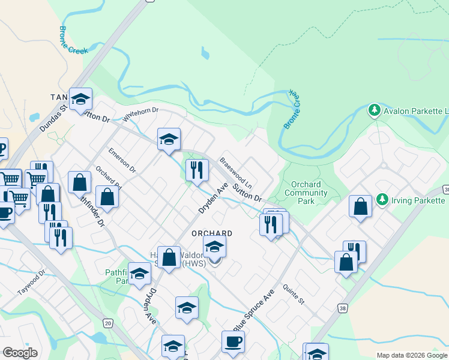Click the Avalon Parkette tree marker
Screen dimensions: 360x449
pyautogui.click(x=375, y=110)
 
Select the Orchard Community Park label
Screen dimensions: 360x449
pyautogui.click(x=306, y=193)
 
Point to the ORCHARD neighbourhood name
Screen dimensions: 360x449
pyautogui.click(x=211, y=233)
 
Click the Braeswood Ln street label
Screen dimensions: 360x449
pyautogui.click(x=235, y=172)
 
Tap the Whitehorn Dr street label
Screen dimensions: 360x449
pyautogui.click(x=140, y=114)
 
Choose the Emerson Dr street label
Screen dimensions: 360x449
pyautogui.click(x=122, y=161)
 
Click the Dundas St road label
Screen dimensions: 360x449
pyautogui.click(x=52, y=115)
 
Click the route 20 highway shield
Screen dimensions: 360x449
pyautogui.click(x=107, y=323)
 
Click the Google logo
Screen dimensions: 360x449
pyautogui.click(x=20, y=353)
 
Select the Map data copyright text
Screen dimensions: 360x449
pyautogui.click(x=412, y=355)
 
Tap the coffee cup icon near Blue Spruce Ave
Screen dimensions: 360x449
pyautogui.click(x=233, y=341)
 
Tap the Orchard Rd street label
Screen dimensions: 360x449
pyautogui.click(x=108, y=178)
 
